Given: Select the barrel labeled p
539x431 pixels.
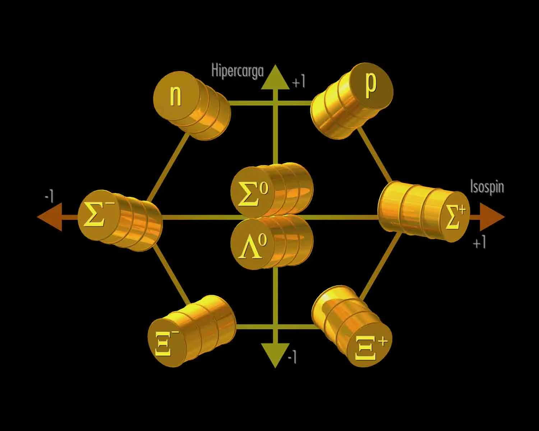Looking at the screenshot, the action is click(352, 101).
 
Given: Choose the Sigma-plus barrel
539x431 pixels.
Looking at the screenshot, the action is click(424, 212).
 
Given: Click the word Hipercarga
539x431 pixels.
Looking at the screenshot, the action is click(237, 71).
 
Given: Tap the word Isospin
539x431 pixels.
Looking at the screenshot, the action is click(487, 187).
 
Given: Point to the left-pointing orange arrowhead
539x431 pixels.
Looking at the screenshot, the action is click(50, 217).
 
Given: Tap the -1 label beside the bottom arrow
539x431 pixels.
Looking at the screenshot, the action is click(292, 357).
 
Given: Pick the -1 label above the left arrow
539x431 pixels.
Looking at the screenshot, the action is click(49, 196).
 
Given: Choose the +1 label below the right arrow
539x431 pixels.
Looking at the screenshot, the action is click(479, 244).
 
